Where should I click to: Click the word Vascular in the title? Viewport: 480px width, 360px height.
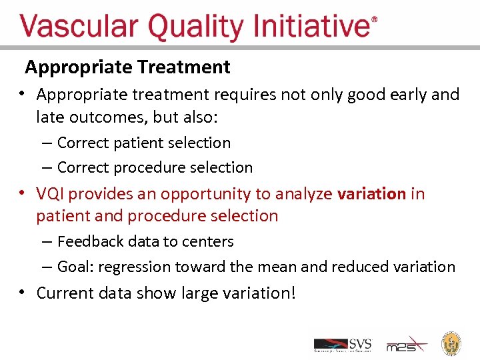(x=79, y=27)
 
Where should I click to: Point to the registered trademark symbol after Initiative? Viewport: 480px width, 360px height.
(x=374, y=20)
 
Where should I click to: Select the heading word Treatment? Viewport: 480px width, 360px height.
(x=184, y=67)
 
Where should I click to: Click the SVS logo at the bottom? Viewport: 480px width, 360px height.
(x=343, y=344)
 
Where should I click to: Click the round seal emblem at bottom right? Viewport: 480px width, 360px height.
(x=452, y=343)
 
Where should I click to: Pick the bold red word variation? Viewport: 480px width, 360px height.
(x=371, y=194)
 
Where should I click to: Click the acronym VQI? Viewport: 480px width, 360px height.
(x=51, y=194)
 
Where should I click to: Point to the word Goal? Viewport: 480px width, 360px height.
(x=73, y=267)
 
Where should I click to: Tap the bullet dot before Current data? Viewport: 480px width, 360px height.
(x=23, y=292)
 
